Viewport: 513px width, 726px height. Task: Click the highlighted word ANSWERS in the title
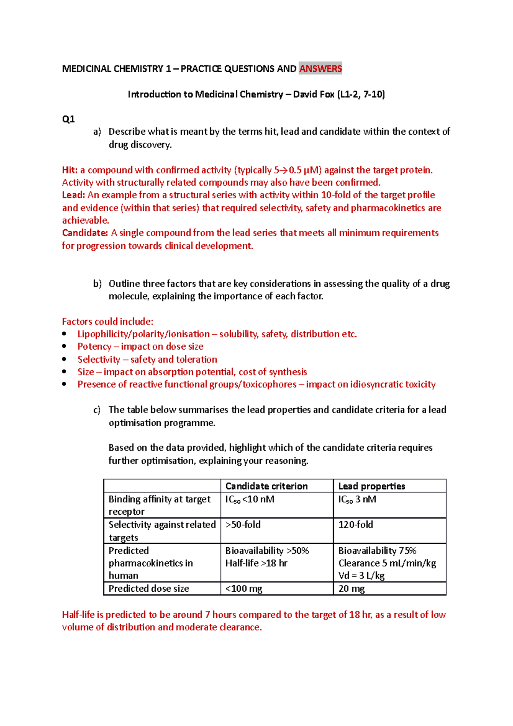320,68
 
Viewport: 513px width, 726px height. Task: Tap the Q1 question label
68,119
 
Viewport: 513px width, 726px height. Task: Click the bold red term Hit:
70,170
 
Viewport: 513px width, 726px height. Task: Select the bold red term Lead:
74,195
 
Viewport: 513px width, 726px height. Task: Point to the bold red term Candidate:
85,233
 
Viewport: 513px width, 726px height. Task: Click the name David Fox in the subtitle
313,94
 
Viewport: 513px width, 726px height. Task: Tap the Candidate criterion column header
266,486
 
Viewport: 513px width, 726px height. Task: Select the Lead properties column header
371,486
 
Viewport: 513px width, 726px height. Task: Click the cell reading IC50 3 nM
357,499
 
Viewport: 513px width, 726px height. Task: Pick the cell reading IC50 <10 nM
250,499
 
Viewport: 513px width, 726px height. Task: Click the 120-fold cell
356,525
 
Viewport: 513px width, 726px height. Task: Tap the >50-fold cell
243,525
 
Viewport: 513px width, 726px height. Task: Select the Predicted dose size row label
149,589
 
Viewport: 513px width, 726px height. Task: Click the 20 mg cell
351,589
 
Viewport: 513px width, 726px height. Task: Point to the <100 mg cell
244,589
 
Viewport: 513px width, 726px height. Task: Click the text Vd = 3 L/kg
361,575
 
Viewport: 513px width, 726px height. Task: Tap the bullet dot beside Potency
64,346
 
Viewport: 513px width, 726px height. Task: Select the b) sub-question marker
97,284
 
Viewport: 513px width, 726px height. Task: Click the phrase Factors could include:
108,322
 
